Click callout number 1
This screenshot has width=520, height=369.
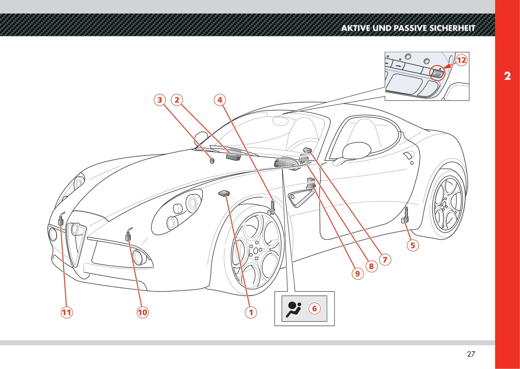pyautogui.click(x=251, y=312)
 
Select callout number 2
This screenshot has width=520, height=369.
pyautogui.click(x=177, y=100)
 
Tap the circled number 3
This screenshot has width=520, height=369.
pyautogui.click(x=160, y=100)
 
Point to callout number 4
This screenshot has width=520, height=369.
pyautogui.click(x=220, y=100)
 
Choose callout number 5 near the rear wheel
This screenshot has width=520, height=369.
pyautogui.click(x=413, y=245)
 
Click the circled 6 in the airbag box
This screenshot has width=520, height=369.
pyautogui.click(x=314, y=309)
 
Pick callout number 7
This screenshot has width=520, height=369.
pyautogui.click(x=385, y=259)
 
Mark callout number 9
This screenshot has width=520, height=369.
pyautogui.click(x=357, y=273)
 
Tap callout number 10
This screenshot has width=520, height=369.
pyautogui.click(x=143, y=312)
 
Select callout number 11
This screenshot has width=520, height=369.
pyautogui.click(x=67, y=312)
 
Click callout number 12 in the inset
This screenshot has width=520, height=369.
pyautogui.click(x=461, y=60)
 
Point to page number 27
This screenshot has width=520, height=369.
pyautogui.click(x=471, y=354)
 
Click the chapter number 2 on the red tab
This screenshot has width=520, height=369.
pyautogui.click(x=507, y=76)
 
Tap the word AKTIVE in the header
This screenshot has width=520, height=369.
pyautogui.click(x=356, y=28)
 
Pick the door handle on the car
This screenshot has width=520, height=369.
pyautogui.click(x=408, y=155)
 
